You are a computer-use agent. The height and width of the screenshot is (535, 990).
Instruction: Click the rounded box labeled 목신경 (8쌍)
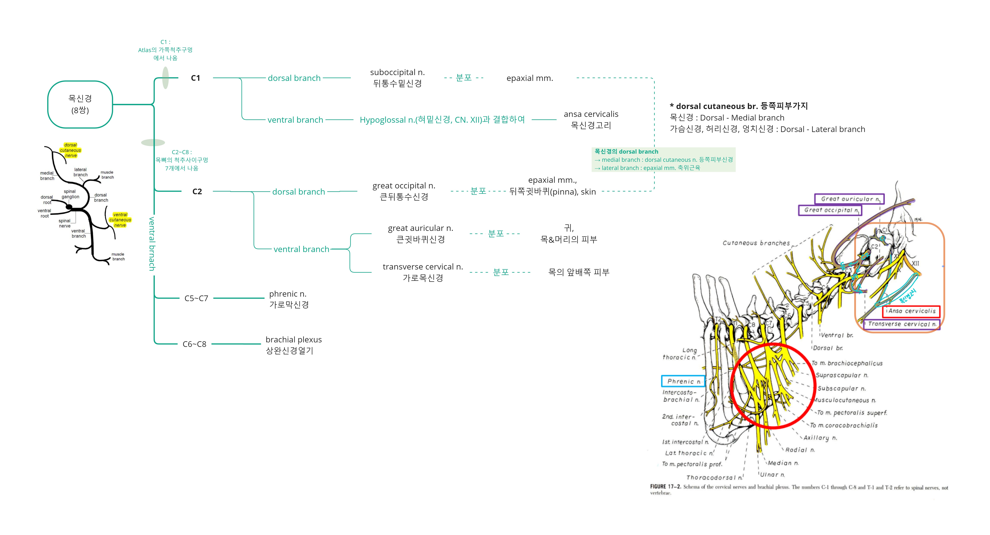tap(80, 104)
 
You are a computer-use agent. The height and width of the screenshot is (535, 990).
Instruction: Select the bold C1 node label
tap(196, 78)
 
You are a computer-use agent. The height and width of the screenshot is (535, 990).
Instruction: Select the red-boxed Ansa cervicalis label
tap(912, 311)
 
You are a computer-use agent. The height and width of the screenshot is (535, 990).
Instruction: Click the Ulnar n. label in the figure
tap(772, 475)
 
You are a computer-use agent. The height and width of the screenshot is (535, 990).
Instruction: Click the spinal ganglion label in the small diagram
tap(70, 194)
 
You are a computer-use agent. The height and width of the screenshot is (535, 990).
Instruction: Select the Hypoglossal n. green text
tap(442, 120)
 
